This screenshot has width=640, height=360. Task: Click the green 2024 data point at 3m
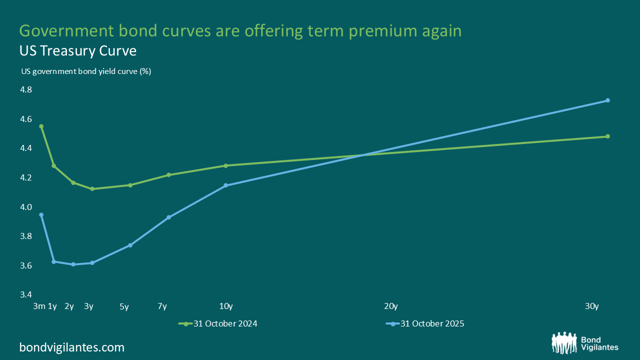[41, 126]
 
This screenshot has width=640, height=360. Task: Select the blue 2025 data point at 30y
[607, 100]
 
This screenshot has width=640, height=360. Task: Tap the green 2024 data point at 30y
[607, 136]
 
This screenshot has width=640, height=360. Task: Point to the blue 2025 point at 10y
[225, 185]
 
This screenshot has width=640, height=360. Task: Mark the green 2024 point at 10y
[225, 165]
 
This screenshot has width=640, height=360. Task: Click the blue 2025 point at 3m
[41, 215]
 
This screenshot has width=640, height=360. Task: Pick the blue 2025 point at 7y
[168, 217]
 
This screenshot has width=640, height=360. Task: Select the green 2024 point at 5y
[130, 185]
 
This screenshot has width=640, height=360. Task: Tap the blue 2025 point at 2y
[73, 264]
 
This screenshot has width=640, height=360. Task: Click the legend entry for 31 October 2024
[218, 323]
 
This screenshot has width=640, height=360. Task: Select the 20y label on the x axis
[390, 306]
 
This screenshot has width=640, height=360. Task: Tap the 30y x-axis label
[592, 306]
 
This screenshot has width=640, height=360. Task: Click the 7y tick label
[162, 306]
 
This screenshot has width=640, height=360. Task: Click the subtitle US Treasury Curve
[78, 51]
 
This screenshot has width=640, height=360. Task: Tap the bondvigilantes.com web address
[72, 347]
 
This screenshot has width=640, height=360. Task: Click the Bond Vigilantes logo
[585, 342]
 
